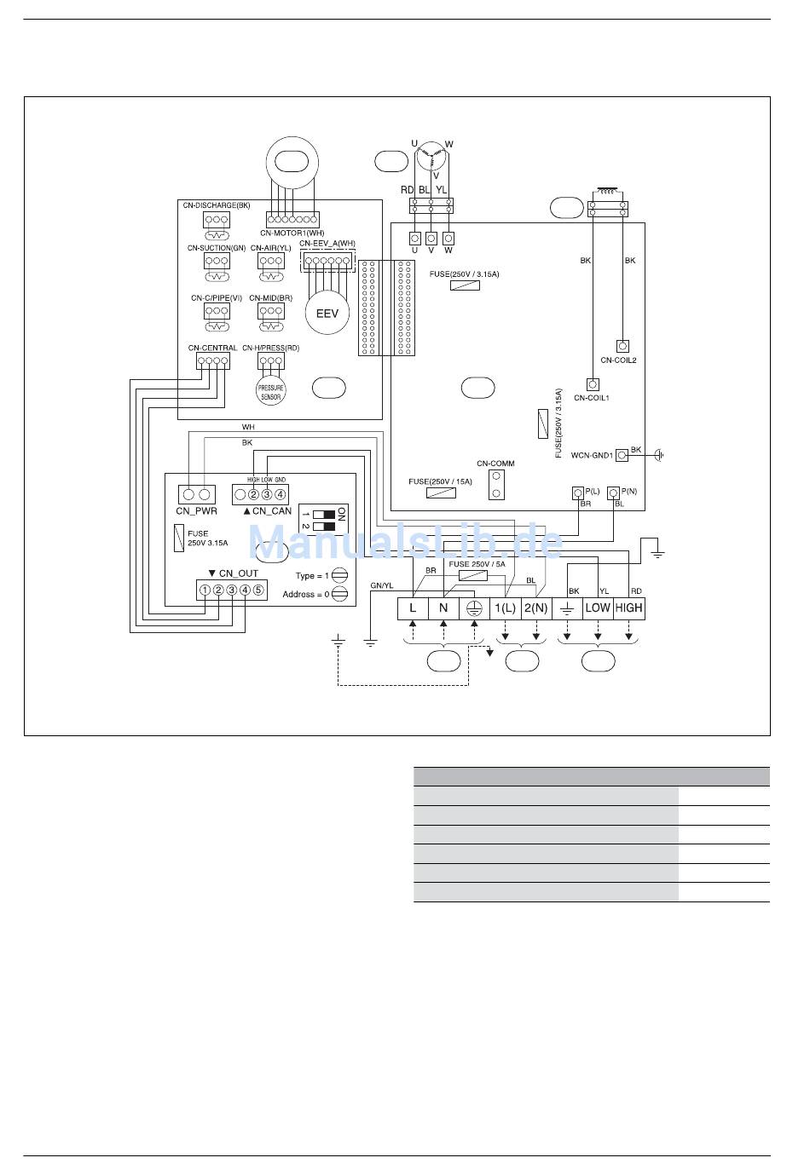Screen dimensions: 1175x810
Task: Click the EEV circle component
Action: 327,313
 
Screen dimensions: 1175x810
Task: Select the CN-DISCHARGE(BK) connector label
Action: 217,205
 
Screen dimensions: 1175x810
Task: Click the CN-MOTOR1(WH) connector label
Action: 292,233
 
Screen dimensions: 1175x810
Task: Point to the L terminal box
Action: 413,608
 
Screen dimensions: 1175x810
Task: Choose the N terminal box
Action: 443,608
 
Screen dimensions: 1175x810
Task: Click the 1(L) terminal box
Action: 505,608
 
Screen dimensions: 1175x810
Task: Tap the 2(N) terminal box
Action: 535,608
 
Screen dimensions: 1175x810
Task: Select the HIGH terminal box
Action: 628,608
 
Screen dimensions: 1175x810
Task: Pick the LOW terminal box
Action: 598,608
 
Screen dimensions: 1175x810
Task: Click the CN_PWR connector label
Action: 196,511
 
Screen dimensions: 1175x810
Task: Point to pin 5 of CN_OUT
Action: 258,590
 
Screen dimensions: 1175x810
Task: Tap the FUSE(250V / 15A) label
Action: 440,481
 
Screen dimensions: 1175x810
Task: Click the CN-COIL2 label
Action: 618,360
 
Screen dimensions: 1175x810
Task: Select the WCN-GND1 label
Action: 592,456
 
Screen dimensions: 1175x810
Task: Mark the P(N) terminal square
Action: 612,492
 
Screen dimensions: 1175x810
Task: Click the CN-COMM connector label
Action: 495,464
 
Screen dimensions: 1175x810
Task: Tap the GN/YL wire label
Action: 382,585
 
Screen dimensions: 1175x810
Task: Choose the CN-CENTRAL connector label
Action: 212,348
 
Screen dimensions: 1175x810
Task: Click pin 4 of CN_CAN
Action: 281,494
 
